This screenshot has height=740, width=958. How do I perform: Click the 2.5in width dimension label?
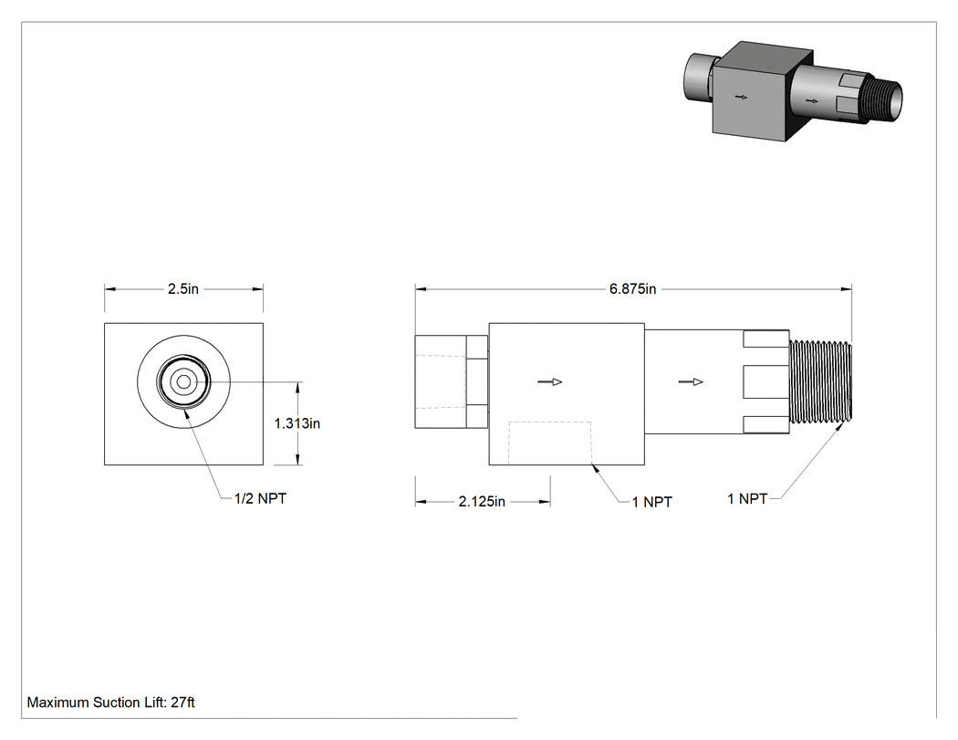(183, 289)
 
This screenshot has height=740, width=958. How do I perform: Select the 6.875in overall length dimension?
(632, 289)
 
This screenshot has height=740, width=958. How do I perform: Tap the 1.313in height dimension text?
(297, 423)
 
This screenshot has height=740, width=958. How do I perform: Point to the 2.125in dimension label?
(482, 502)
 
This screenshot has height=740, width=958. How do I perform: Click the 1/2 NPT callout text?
(260, 498)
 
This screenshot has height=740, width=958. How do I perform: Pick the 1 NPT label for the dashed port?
(652, 502)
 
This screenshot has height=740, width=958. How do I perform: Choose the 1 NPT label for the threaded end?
(747, 499)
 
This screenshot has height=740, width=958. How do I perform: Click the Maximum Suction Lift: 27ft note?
(110, 703)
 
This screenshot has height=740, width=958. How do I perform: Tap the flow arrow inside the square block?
(550, 382)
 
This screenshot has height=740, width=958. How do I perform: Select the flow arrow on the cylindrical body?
(691, 382)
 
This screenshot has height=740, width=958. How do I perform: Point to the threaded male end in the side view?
(820, 382)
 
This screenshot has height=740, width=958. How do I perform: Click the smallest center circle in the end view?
(183, 382)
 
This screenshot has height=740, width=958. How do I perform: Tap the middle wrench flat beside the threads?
(766, 382)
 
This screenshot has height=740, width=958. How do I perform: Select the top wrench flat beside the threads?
(766, 339)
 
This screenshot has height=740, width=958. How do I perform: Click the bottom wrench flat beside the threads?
(766, 425)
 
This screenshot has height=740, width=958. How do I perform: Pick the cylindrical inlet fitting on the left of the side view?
(441, 382)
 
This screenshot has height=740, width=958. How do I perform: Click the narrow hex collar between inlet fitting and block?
(477, 382)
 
